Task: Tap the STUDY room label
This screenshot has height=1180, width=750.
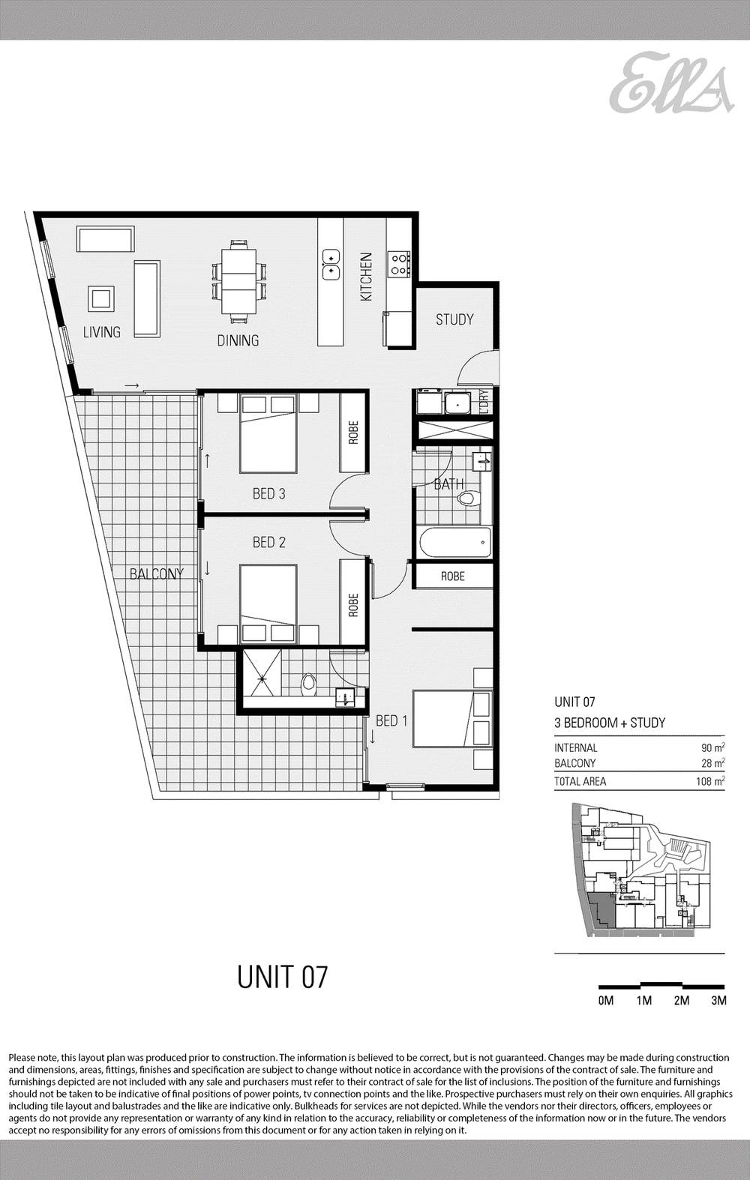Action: tap(454, 319)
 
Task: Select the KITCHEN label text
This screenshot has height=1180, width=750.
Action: tap(366, 277)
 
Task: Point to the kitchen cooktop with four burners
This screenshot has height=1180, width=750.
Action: tap(399, 262)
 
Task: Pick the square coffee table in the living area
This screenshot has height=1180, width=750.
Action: tap(101, 298)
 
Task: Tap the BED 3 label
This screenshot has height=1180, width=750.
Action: tap(268, 494)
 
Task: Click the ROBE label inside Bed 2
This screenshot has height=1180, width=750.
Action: tap(353, 605)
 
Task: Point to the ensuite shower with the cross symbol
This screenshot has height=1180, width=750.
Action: tap(262, 679)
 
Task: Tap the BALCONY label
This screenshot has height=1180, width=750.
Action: tap(156, 574)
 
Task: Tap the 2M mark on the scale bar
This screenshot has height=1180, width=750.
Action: tap(681, 1001)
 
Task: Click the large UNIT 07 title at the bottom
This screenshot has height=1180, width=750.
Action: tap(283, 977)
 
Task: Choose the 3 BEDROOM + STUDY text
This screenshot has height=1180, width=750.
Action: tap(610, 723)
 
